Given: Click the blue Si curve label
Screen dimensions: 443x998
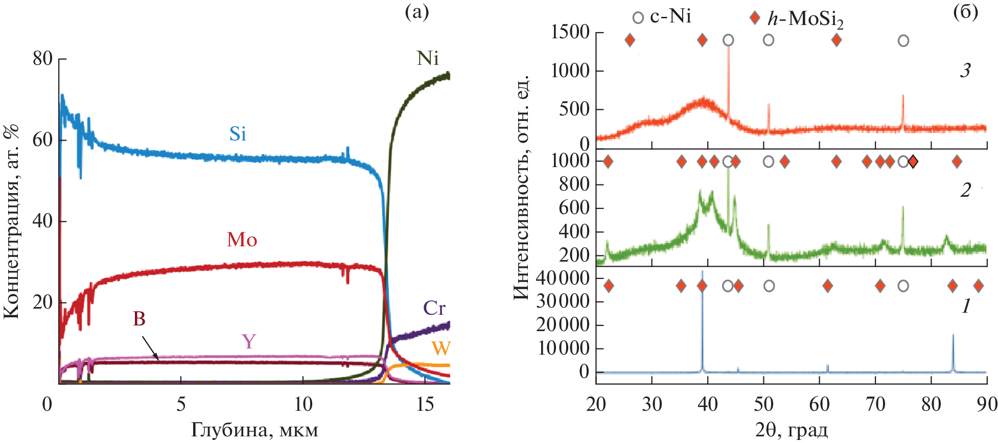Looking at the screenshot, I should tap(238, 134).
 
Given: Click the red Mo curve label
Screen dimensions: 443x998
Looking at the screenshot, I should tap(242, 240).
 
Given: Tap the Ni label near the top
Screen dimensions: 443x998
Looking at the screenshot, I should tap(428, 59).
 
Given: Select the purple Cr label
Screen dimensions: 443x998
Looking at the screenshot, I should tap(434, 308).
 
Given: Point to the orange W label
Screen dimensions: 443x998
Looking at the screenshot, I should tap(441, 348).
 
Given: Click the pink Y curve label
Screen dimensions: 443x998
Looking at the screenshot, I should tap(249, 341).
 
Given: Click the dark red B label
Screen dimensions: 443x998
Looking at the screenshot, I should tap(139, 319).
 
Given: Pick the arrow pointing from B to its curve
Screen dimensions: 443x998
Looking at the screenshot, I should tap(150, 348).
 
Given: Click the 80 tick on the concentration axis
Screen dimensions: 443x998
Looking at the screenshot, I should tap(43, 59).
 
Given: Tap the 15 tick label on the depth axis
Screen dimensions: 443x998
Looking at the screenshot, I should tap(425, 405).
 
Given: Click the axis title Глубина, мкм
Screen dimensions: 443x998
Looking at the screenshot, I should tap(254, 430).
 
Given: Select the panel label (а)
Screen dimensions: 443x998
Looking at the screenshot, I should tap(416, 11).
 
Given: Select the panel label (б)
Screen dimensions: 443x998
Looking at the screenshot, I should tap(965, 11).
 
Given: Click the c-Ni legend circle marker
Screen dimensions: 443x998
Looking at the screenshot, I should tap(638, 18).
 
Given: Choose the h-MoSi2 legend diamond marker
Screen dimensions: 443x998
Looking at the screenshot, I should tap(754, 18).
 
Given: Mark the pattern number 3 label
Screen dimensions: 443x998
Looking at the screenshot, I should tap(965, 71).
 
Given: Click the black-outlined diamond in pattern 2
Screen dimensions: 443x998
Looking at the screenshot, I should tap(913, 162).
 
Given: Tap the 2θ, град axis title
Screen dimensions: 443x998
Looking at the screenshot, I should tap(791, 430).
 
